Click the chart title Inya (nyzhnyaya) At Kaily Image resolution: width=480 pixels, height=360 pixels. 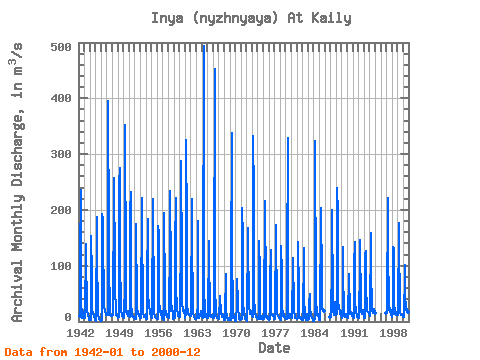(x=251, y=18)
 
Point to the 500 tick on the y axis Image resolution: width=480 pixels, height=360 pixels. (x=61, y=47)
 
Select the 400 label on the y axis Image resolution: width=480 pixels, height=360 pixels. (x=61, y=98)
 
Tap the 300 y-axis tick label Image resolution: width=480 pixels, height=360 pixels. (x=61, y=154)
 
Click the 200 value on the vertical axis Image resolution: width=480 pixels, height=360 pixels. (x=61, y=210)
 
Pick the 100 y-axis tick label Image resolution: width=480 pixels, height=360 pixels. (x=61, y=266)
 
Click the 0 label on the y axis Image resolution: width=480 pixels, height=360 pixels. (x=68, y=317)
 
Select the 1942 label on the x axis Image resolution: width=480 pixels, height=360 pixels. (x=80, y=333)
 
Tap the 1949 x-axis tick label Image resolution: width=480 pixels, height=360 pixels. (x=119, y=333)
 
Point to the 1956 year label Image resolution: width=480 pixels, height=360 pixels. (x=158, y=333)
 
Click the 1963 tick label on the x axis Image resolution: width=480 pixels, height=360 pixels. (x=197, y=333)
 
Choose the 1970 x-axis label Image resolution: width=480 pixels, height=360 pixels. (x=236, y=333)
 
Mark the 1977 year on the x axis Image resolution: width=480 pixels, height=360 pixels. (x=275, y=333)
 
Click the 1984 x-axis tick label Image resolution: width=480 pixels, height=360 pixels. (x=314, y=333)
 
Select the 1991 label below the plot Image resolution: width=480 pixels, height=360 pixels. (x=354, y=333)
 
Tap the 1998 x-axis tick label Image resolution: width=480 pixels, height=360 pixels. (x=393, y=333)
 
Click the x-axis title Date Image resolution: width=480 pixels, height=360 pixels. (x=274, y=348)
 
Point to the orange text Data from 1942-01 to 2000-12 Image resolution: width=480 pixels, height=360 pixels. (x=103, y=352)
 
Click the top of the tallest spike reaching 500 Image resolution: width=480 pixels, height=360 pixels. (x=204, y=45)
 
